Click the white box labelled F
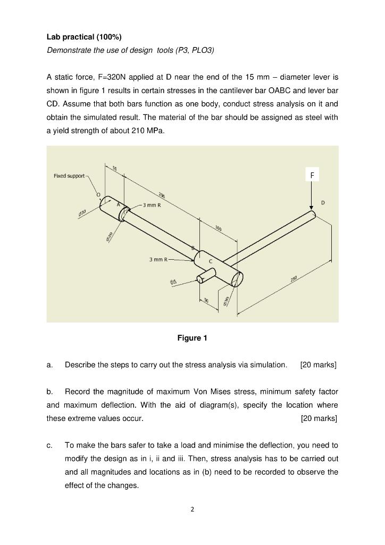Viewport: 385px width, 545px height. [x=312, y=174]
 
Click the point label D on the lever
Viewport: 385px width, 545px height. [x=323, y=203]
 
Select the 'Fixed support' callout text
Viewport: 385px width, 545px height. [x=69, y=176]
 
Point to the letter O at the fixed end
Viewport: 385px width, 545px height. [x=98, y=195]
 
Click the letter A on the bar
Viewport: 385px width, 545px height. [x=119, y=204]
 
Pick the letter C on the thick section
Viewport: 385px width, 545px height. [x=210, y=261]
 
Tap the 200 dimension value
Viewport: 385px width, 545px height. [x=161, y=196]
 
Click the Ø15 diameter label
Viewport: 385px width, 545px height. [x=173, y=282]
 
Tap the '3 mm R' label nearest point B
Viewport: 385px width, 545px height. [x=158, y=259]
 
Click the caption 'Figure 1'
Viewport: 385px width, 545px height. [x=192, y=338]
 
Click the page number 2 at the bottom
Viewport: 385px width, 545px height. [x=192, y=509]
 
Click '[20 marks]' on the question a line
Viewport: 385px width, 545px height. [x=319, y=365]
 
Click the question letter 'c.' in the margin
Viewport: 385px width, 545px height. [x=49, y=445]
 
